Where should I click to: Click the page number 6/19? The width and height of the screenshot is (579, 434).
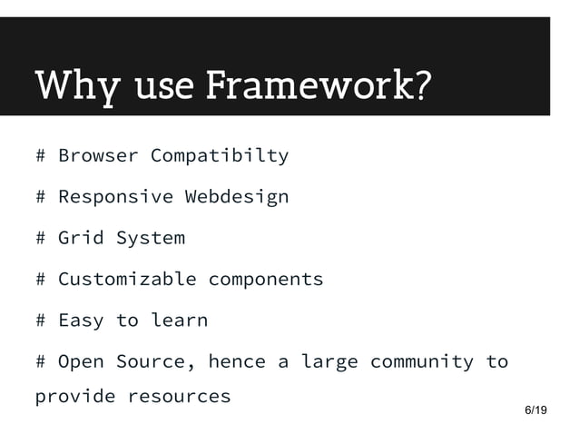tap(536, 411)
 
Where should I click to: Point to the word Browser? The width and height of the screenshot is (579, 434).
tap(98, 155)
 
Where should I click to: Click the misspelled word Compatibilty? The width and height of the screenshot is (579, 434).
tap(220, 155)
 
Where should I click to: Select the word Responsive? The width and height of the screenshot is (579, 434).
tap(115, 196)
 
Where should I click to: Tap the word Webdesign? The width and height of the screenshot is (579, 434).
tap(237, 196)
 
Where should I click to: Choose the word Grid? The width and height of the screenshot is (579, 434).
tap(81, 238)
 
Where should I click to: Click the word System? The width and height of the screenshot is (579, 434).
tap(150, 238)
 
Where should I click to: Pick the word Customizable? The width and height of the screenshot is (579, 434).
tap(127, 279)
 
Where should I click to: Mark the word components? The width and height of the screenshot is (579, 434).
tap(266, 280)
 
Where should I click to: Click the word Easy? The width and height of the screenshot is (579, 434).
tap(81, 320)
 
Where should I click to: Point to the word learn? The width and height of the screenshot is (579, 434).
tap(179, 320)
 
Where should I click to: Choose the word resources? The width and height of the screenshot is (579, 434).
tap(179, 397)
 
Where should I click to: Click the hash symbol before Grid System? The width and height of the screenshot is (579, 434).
tap(41, 238)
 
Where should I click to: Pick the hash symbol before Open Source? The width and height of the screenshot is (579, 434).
tap(41, 361)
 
